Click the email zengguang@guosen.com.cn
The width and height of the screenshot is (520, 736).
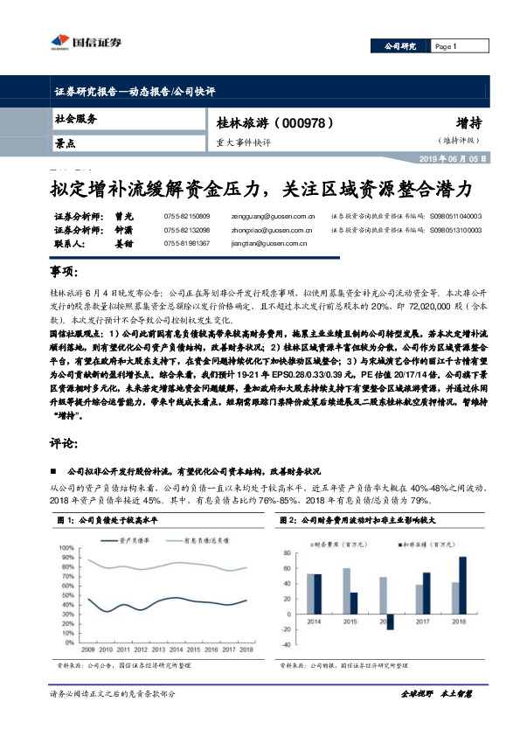(x=266, y=214)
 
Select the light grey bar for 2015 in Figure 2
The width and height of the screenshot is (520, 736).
(x=345, y=590)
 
